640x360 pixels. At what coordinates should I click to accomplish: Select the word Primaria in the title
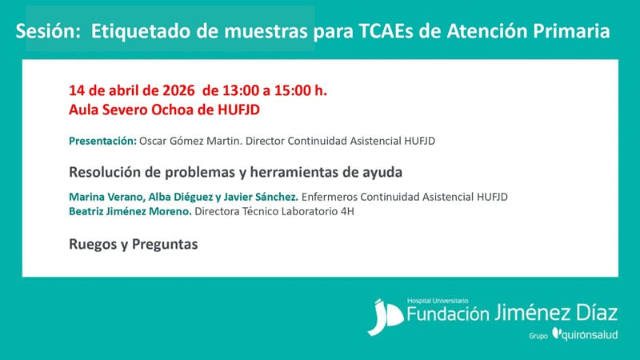tap(571, 31)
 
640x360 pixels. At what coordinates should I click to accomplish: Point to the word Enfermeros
tap(331, 197)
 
